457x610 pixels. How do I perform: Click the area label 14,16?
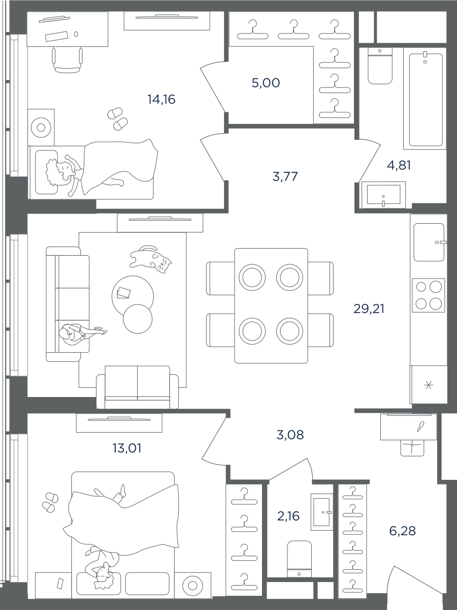161,99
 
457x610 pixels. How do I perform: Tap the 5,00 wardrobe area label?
266,83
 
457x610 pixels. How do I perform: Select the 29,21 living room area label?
369,309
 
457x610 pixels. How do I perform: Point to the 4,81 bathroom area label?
399,165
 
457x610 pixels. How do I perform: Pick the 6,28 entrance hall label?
402,531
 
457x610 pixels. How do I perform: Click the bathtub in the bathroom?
426,100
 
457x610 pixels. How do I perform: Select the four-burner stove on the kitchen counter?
428,295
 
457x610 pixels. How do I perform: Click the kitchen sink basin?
429,242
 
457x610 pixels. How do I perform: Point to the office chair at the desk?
67,60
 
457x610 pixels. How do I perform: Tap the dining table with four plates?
271,306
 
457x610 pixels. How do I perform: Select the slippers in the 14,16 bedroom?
118,118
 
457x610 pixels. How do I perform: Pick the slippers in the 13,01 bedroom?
50,502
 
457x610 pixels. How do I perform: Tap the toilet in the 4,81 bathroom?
380,66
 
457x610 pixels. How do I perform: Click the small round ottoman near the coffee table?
137,319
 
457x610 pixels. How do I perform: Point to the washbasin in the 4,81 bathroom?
383,195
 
